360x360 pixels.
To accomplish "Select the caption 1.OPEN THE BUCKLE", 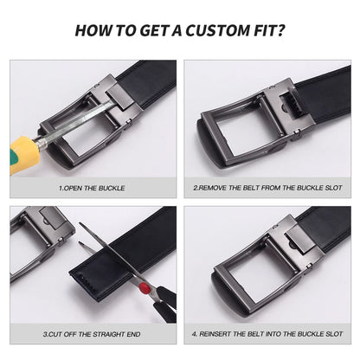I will pos(92,186).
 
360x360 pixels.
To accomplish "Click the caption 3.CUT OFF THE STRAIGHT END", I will pos(93,333).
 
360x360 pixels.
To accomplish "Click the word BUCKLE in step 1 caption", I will pos(112,186).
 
